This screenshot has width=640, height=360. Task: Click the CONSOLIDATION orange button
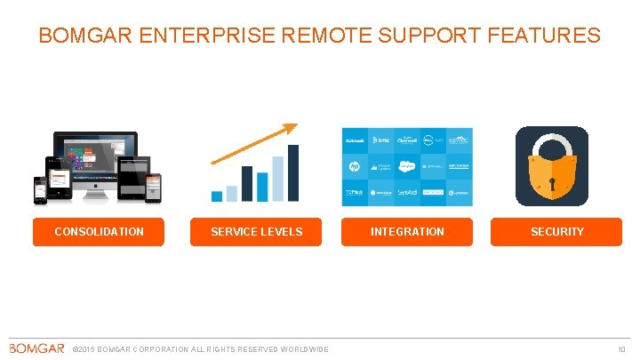tap(99, 232)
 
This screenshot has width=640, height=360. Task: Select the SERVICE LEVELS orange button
tap(256, 232)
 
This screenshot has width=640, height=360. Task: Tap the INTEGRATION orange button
tap(407, 232)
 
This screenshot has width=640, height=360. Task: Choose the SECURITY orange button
tap(556, 232)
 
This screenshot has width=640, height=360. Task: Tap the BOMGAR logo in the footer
tap(36, 348)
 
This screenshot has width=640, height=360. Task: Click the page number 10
tap(622, 348)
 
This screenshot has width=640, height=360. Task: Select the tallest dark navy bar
tap(293, 173)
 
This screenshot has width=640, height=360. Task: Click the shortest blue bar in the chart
tap(217, 196)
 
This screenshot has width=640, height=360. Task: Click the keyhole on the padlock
tap(551, 183)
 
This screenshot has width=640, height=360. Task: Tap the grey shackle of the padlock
tap(551, 145)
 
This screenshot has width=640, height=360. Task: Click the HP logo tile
tap(355, 165)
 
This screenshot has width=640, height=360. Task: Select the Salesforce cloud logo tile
tap(407, 165)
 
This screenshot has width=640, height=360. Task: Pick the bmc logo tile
tap(381, 140)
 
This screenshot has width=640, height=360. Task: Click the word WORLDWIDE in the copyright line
tap(304, 348)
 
